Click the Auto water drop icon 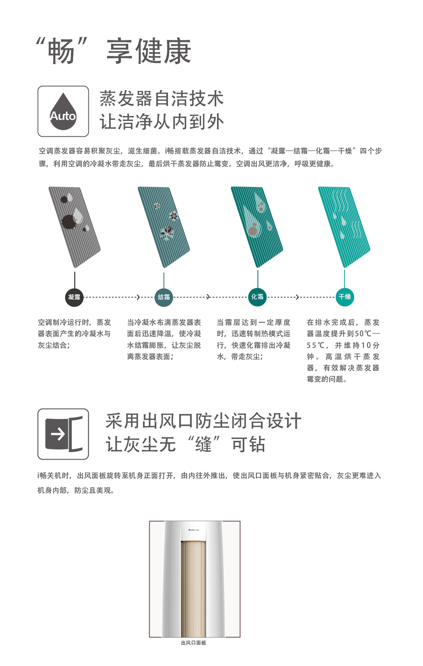tap(63, 111)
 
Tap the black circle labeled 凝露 tap(74, 297)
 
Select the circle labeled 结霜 tap(164, 297)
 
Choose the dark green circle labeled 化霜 tap(257, 297)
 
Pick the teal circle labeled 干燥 tap(345, 297)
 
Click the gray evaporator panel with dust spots tap(74, 227)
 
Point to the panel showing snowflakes tap(164, 227)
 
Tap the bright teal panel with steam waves tap(344, 227)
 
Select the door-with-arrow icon tap(63, 434)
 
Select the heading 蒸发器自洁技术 tap(162, 98)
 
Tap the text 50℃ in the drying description tap(363, 334)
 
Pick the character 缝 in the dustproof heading tap(203, 444)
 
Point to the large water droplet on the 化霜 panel tap(251, 221)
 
